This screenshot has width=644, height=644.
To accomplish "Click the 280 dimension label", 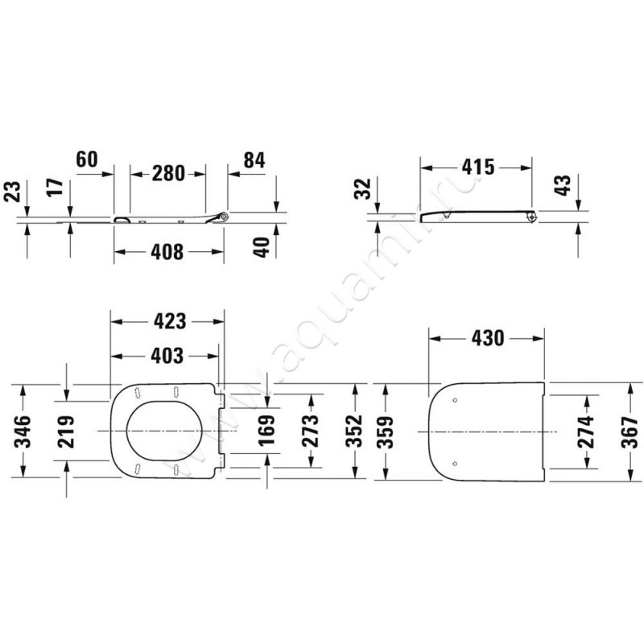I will click(x=168, y=173).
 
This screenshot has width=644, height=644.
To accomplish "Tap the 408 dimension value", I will click(x=168, y=252).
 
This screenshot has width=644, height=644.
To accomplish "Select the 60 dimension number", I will click(x=87, y=159).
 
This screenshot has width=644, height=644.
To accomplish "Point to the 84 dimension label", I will click(x=254, y=160).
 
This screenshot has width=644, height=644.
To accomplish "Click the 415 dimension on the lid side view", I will click(x=477, y=167).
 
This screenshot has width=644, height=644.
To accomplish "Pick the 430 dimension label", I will click(x=487, y=339).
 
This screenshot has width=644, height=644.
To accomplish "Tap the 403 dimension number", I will click(x=167, y=355).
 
